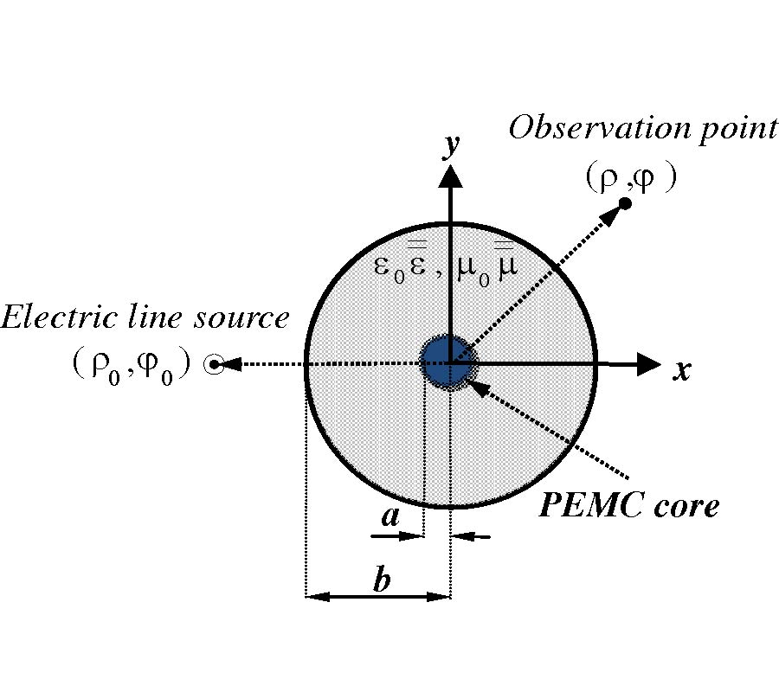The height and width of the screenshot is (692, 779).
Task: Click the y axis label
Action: click(x=449, y=147)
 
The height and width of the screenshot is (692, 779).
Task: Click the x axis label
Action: click(x=683, y=371)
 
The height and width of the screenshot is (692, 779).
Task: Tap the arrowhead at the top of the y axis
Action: click(x=449, y=176)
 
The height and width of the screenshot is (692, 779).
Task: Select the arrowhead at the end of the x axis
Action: click(x=648, y=365)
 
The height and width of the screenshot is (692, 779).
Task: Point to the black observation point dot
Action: click(x=624, y=203)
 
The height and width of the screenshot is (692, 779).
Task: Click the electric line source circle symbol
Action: click(x=211, y=365)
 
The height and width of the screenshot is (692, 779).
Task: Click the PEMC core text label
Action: click(x=628, y=504)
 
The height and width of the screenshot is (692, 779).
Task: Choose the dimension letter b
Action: click(x=381, y=580)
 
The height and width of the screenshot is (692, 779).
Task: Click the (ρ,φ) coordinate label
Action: click(x=628, y=178)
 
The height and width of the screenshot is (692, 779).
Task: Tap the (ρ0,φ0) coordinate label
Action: click(x=131, y=367)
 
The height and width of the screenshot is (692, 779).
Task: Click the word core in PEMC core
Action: click(x=687, y=504)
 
